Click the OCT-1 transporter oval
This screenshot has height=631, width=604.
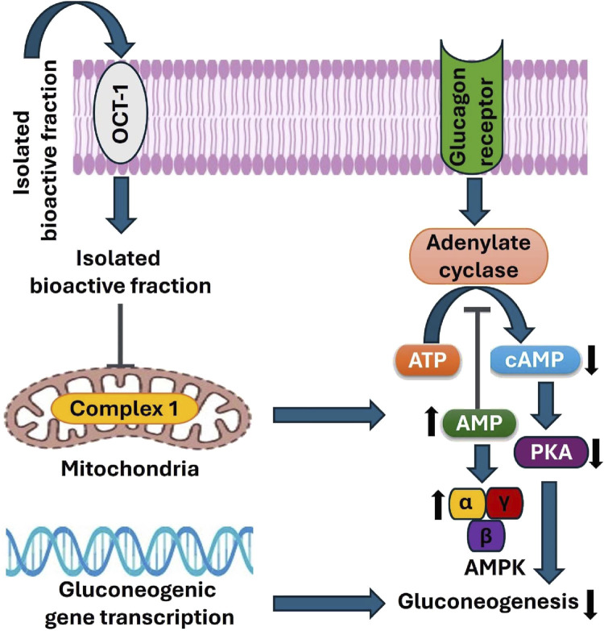121,113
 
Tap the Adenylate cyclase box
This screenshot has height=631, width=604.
478,256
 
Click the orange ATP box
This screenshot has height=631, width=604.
427,360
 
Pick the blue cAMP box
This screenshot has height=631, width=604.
535,359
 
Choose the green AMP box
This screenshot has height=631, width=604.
479,423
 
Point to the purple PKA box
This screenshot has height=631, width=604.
551,452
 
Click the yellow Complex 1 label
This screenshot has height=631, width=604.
124,409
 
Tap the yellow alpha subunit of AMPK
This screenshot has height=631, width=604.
467,503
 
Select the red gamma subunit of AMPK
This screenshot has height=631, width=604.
505,503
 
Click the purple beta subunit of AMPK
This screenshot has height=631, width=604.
486,536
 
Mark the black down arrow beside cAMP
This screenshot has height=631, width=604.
591,360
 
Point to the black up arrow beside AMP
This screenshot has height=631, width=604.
432,421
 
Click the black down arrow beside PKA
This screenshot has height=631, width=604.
596,454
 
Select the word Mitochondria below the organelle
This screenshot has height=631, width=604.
130,469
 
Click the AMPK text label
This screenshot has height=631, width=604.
495,568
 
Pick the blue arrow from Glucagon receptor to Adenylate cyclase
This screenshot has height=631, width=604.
474,201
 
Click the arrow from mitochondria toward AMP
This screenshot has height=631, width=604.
329,415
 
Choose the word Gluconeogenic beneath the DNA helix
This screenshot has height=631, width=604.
138,591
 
